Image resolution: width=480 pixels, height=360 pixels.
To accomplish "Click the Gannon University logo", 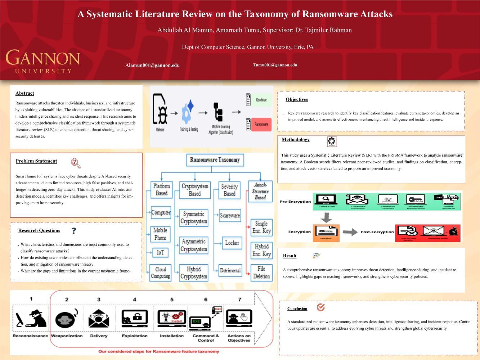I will [42, 61].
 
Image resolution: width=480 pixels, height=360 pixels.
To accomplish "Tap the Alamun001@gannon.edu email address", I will [152, 65].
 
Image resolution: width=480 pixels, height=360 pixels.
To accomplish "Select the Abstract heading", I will [25, 93].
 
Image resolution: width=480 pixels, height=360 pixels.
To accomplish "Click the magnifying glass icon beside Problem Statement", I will [76, 163].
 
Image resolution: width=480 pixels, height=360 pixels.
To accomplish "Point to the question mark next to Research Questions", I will [74, 231].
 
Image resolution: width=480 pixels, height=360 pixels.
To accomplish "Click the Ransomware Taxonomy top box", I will [215, 160].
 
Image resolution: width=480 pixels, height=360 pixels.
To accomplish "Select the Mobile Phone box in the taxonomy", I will [160, 234].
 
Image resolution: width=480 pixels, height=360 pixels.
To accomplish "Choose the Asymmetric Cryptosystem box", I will [194, 245].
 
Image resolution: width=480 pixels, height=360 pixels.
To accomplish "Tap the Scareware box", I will [230, 216].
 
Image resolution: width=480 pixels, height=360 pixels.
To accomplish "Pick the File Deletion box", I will [261, 273].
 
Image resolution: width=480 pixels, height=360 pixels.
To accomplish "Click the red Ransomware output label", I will [261, 125].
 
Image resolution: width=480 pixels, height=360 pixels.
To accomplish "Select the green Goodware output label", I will [261, 100].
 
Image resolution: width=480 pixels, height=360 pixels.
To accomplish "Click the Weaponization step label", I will [67, 336].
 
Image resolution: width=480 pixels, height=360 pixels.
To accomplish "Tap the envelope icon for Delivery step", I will [99, 318].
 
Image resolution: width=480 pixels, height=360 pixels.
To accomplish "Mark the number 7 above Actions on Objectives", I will [239, 299].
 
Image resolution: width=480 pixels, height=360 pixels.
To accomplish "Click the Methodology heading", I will [296, 140].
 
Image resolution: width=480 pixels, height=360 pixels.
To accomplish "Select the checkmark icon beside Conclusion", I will [320, 307].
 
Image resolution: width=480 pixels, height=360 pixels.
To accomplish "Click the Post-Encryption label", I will [377, 232].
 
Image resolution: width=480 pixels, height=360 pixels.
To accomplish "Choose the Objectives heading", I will [297, 99].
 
